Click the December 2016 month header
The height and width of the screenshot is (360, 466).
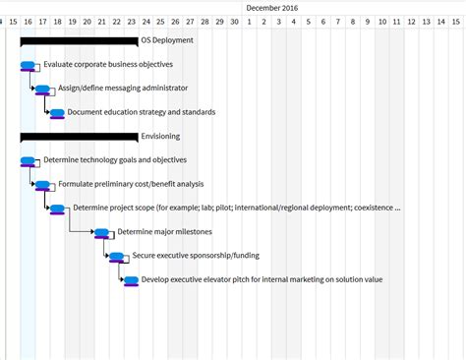pyautogui.click(x=271, y=7)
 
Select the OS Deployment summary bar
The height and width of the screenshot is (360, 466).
pyautogui.click(x=79, y=40)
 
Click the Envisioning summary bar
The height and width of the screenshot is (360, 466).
pyautogui.click(x=79, y=136)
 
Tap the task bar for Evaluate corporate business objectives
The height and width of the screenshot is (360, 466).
pyautogui.click(x=28, y=65)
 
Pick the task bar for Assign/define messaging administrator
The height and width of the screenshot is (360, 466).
pyautogui.click(x=42, y=89)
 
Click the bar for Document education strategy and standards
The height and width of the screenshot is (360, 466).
pyautogui.click(x=57, y=113)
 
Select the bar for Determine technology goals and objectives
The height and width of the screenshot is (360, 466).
pyautogui.click(x=28, y=160)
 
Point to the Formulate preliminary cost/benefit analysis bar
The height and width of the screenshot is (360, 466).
pyautogui.click(x=42, y=184)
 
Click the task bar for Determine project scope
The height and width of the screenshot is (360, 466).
pyautogui.click(x=57, y=209)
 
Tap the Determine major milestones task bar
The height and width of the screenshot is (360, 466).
pyautogui.click(x=101, y=232)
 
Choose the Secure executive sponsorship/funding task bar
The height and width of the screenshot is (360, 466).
pyautogui.click(x=116, y=257)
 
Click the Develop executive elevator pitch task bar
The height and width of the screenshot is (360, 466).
pyautogui.click(x=131, y=280)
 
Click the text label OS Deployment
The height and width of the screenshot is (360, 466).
pyautogui.click(x=167, y=40)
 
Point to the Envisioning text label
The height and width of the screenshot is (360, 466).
pyautogui.click(x=161, y=136)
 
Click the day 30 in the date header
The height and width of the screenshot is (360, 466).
pyautogui.click(x=234, y=21)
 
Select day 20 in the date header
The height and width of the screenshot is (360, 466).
pyautogui.click(x=87, y=21)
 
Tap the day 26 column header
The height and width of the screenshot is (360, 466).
pyautogui.click(x=175, y=21)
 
